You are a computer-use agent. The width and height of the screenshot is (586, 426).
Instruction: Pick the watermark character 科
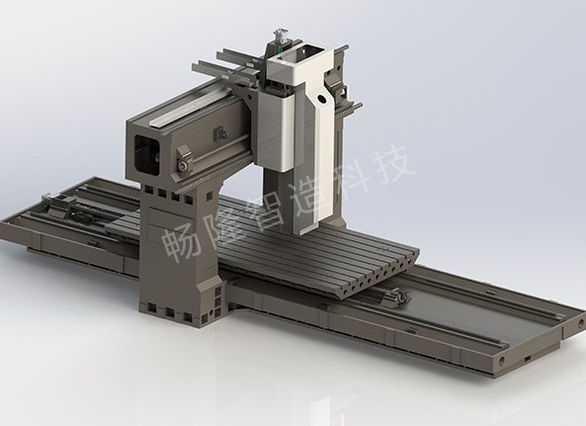[351, 175]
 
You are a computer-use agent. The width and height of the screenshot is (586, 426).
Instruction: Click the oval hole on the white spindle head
[320, 99]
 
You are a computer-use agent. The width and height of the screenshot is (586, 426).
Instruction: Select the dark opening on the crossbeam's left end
[146, 155]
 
